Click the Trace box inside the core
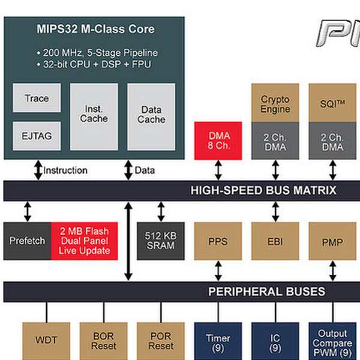point(37,98)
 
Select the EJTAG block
point(37,136)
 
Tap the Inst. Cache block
point(94,117)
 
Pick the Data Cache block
point(151,117)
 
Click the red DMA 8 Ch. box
point(218,141)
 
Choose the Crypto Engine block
point(275,103)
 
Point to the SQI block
point(332,103)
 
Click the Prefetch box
point(27,241)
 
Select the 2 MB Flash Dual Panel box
point(84,241)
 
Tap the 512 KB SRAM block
point(161,241)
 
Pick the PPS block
point(218,241)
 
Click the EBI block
point(275,241)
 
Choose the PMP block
point(332,241)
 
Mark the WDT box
point(46,341)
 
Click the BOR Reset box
point(104,341)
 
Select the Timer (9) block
point(218,341)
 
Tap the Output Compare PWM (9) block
point(332,341)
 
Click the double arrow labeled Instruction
point(38,170)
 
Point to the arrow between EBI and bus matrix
point(275,212)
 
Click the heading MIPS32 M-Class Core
point(95,29)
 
